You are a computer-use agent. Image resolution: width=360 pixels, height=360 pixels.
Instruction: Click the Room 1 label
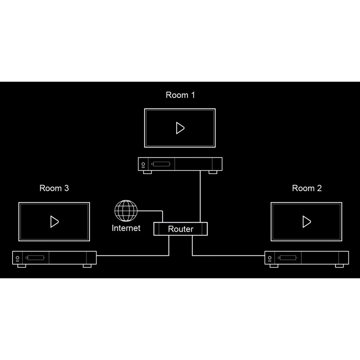(x=180, y=95)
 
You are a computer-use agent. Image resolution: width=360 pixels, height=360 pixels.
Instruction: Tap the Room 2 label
(x=307, y=188)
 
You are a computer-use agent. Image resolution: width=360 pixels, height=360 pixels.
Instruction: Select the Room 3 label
(x=54, y=188)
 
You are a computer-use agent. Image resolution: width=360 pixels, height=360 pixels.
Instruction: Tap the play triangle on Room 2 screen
(x=306, y=221)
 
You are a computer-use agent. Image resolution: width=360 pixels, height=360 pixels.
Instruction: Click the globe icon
(x=126, y=211)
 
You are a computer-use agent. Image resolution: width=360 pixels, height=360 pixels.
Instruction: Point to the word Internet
(x=126, y=228)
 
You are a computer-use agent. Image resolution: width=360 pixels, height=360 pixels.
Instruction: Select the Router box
(x=181, y=229)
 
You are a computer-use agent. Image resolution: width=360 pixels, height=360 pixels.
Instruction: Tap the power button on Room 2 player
(x=269, y=257)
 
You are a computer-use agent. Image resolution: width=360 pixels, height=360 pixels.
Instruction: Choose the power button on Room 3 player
(x=17, y=257)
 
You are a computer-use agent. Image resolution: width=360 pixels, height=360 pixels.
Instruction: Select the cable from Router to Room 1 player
(x=200, y=196)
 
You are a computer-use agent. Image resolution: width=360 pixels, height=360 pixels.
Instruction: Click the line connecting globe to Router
(x=151, y=211)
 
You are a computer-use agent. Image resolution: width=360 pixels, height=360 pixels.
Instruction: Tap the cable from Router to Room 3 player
(x=133, y=256)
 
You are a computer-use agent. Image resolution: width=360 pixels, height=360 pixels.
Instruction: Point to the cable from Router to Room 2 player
(x=227, y=256)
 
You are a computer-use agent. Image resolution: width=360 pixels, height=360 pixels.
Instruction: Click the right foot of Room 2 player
(x=339, y=266)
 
